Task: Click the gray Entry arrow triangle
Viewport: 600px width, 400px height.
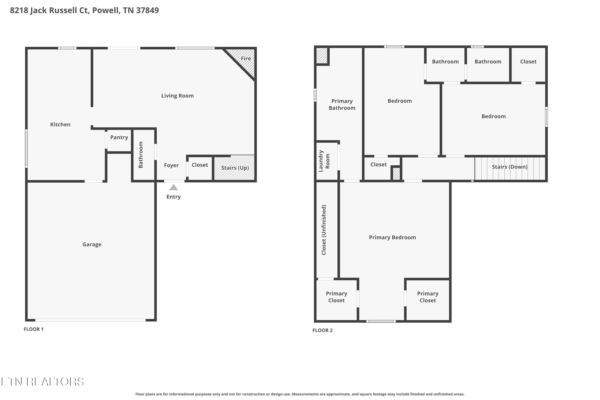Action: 173,188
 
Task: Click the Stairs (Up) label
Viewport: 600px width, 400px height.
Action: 235,168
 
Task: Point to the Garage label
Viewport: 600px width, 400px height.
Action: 92,244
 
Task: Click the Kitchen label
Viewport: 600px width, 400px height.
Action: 60,124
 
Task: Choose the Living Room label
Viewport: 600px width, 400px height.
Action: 177,96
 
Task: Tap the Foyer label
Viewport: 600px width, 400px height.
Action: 171,165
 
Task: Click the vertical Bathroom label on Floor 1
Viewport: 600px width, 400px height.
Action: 141,155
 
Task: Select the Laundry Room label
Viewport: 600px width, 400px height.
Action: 324,161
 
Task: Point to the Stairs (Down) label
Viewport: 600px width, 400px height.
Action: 509,167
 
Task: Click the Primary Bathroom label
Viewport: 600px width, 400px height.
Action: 342,105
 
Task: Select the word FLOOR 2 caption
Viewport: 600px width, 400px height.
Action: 322,330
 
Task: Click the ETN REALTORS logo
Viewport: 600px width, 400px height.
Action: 43,382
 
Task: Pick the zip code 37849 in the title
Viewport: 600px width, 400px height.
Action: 147,10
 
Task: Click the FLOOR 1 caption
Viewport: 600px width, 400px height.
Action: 33,329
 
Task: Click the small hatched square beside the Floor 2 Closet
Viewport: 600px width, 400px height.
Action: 396,174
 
